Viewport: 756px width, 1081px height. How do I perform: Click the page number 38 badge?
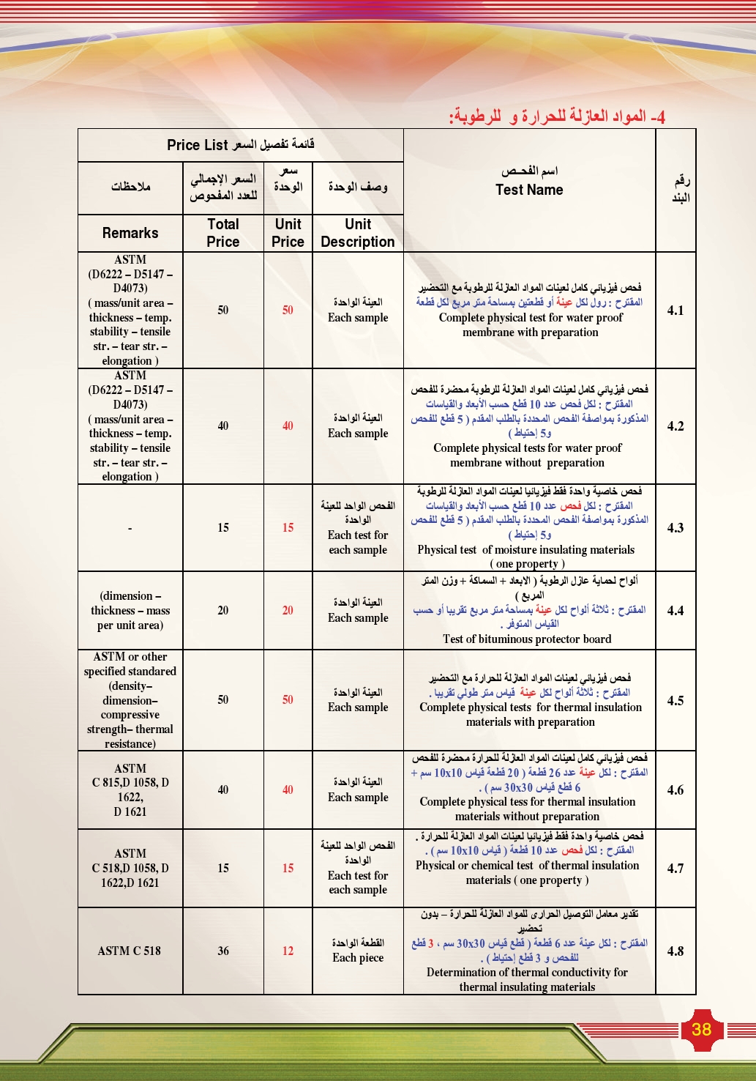(701, 1029)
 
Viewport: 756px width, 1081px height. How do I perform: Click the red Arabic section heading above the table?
(557, 116)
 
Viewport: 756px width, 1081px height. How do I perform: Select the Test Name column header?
(529, 190)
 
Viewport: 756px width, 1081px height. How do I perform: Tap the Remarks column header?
(130, 233)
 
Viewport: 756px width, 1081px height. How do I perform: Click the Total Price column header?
(223, 233)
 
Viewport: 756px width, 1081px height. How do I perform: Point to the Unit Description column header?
(358, 233)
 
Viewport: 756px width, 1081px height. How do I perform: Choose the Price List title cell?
(241, 145)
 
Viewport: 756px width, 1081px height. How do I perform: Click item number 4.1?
(675, 311)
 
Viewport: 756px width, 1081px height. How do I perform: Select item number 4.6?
(675, 790)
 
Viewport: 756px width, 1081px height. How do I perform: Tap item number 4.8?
(675, 951)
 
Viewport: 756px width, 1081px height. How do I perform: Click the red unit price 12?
(288, 951)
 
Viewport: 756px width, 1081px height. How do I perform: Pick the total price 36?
(223, 951)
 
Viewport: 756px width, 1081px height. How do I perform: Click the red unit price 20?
(288, 611)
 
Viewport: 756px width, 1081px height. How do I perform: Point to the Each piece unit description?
(358, 958)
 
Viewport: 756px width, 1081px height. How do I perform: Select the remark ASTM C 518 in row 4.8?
(130, 951)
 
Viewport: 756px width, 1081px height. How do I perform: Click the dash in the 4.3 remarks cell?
(130, 528)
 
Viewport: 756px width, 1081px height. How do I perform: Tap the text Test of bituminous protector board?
(527, 639)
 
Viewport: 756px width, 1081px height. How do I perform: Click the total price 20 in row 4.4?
(223, 611)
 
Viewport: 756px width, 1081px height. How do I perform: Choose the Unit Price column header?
(288, 233)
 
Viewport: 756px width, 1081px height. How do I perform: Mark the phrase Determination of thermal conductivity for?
(527, 973)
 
